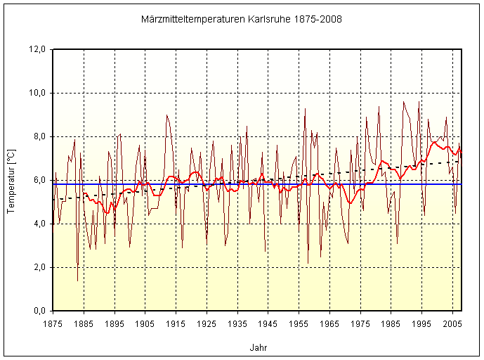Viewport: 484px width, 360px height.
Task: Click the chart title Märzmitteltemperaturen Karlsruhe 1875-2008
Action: click(242, 20)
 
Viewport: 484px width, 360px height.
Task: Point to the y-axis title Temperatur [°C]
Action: click(11, 181)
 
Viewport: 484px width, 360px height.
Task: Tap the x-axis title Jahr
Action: click(258, 347)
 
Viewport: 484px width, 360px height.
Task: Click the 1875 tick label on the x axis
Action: click(53, 323)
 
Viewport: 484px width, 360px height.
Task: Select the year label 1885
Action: click(84, 323)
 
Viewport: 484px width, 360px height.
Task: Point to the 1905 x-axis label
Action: click(145, 323)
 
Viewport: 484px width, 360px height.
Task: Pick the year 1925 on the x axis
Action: click(207, 323)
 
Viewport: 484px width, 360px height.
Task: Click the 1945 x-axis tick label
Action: click(268, 323)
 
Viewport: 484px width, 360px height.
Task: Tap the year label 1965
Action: click(329, 323)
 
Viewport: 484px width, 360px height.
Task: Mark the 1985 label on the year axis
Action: click(391, 323)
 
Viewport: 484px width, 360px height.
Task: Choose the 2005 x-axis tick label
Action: click(452, 323)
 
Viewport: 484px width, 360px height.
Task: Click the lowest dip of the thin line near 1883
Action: click(77, 281)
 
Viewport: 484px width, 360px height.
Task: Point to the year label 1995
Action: click(421, 323)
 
